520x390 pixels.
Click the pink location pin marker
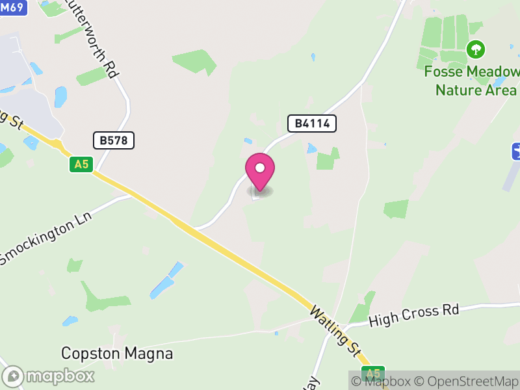click(x=260, y=173)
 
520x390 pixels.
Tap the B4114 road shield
click(x=312, y=123)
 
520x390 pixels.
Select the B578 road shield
click(x=114, y=140)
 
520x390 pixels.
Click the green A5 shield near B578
click(x=81, y=164)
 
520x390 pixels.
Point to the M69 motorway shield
click(x=12, y=6)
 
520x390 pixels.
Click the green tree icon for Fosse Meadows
click(x=476, y=49)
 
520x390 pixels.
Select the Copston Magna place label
click(x=117, y=354)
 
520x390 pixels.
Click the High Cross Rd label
click(x=413, y=315)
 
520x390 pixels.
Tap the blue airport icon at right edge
click(x=516, y=151)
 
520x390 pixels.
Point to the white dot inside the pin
click(x=260, y=168)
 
